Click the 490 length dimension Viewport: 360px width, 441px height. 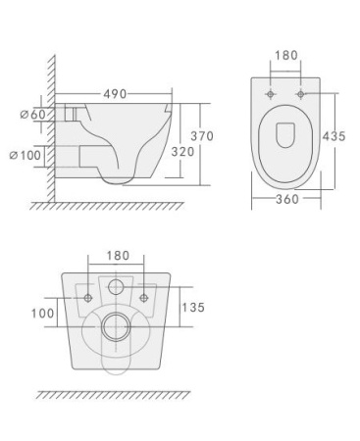(116, 94)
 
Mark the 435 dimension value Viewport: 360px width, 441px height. (334, 136)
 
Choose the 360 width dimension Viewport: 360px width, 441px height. (285, 199)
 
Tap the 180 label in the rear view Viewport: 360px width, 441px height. (117, 255)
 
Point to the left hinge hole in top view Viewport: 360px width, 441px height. (270, 95)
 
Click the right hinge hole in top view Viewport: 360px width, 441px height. (301, 95)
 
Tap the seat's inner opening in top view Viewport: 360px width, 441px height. (285, 133)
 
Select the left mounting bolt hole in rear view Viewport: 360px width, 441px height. (89, 296)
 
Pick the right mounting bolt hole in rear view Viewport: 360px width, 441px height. (145, 296)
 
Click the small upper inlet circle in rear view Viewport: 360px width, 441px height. (117, 288)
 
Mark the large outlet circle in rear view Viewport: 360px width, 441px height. (117, 326)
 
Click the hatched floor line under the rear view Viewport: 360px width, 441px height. (113, 394)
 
